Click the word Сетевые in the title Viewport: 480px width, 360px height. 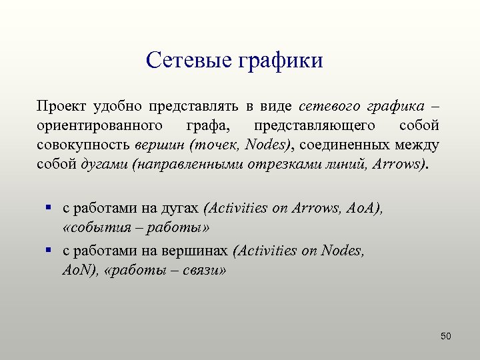(x=186, y=61)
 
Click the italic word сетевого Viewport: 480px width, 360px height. (x=329, y=107)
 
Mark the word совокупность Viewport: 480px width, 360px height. (x=83, y=145)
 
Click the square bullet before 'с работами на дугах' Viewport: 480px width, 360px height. (x=49, y=208)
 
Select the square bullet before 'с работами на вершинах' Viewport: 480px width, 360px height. (x=49, y=251)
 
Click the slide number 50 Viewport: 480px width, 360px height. (x=446, y=336)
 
